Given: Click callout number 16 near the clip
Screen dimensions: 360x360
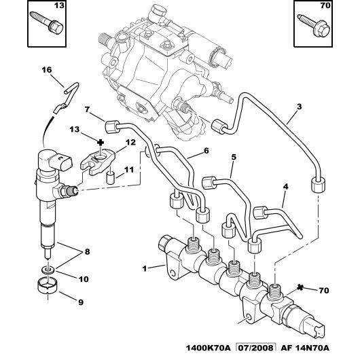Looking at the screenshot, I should click(x=46, y=69).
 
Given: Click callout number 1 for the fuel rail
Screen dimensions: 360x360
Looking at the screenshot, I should click(x=143, y=268).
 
